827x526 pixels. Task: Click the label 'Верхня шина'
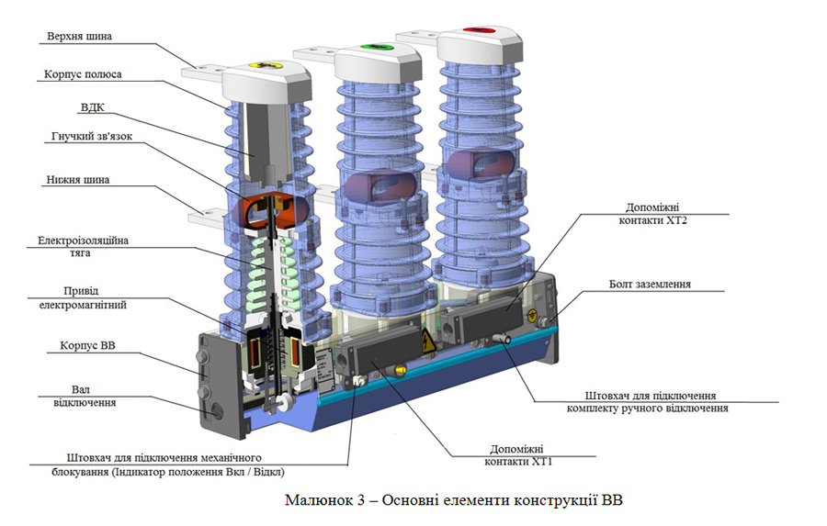pyautogui.click(x=79, y=37)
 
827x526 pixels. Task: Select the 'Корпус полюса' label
pyautogui.click(x=83, y=74)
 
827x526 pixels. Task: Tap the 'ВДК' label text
pyautogui.click(x=92, y=107)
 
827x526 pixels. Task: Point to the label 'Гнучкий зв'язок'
pyautogui.click(x=92, y=136)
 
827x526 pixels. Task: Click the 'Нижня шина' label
pyautogui.click(x=77, y=180)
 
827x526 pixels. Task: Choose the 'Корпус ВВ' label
pyautogui.click(x=87, y=346)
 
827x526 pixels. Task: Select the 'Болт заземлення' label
pyautogui.click(x=650, y=284)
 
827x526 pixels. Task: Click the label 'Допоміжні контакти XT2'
pyautogui.click(x=652, y=214)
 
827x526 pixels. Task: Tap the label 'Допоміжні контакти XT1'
pyautogui.click(x=518, y=455)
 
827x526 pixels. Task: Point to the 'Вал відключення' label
pyautogui.click(x=85, y=396)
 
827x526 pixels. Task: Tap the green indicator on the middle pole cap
pyautogui.click(x=380, y=49)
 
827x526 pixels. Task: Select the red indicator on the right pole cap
pyautogui.click(x=479, y=30)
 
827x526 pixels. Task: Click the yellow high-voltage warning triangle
pyautogui.click(x=427, y=341)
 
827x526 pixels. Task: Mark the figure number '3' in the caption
pyautogui.click(x=361, y=499)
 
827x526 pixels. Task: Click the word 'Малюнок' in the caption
pyautogui.click(x=319, y=499)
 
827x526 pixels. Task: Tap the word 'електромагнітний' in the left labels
pyautogui.click(x=83, y=305)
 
